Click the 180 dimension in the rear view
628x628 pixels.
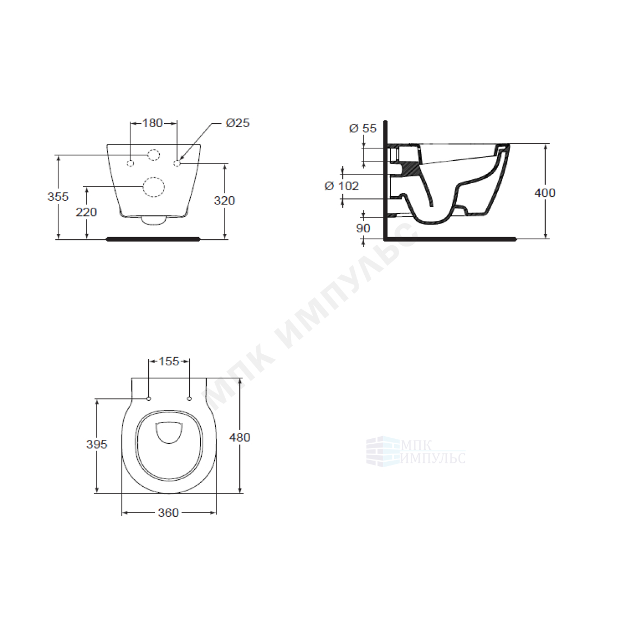point(153,123)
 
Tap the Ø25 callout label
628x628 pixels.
point(238,123)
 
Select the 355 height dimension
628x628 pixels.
point(58,197)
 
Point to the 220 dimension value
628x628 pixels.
point(87,212)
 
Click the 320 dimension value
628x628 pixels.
point(224,201)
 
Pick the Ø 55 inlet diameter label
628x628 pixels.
point(363,128)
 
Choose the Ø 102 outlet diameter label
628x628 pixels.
point(342,186)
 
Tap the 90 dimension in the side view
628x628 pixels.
point(363,228)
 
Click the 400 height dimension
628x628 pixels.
point(545,193)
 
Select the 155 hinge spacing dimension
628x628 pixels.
point(169,361)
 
